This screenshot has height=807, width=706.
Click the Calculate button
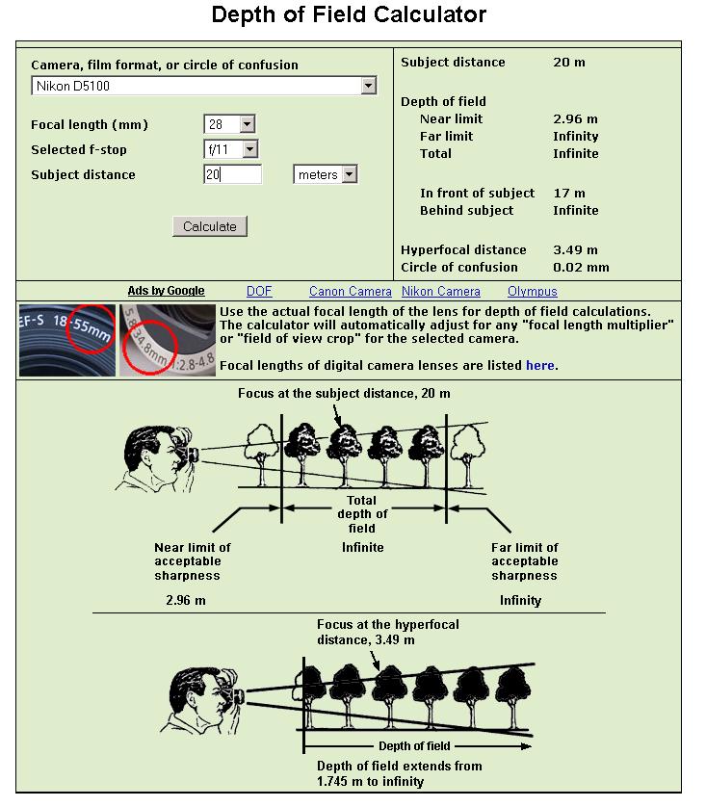pos(210,226)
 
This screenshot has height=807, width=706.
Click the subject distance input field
pos(232,174)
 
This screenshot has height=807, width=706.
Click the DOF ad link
pos(259,291)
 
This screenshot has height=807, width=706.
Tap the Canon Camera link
pos(351,291)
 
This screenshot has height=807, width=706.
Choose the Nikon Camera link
pos(440,291)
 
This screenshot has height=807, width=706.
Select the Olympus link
pos(532,291)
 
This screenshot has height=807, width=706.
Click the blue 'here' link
pos(539,365)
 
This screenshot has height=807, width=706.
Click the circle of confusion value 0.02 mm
pos(581,268)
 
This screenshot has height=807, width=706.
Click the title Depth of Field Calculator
pos(349,14)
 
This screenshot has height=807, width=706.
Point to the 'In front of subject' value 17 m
pos(568,194)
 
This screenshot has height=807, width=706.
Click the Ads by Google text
pos(166,291)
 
